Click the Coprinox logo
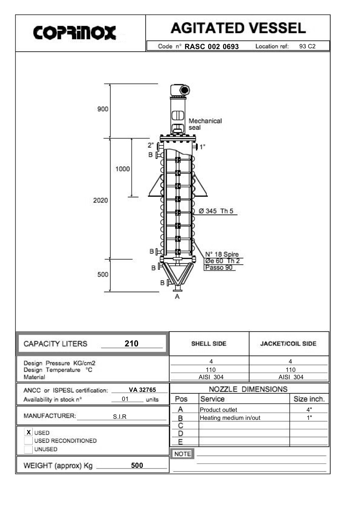click(74, 33)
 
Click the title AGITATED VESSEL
click(238, 28)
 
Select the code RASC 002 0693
click(212, 47)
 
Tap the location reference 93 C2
click(307, 46)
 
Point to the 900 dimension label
click(103, 109)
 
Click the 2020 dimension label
click(100, 200)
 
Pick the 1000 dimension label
click(122, 169)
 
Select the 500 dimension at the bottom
click(103, 274)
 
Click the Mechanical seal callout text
click(205, 124)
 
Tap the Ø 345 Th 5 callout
click(216, 211)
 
